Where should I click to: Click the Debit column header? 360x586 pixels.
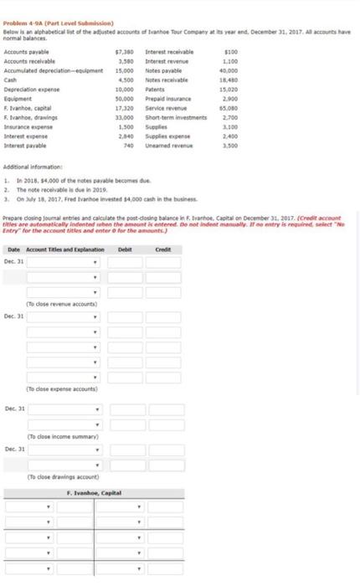tap(125, 225)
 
